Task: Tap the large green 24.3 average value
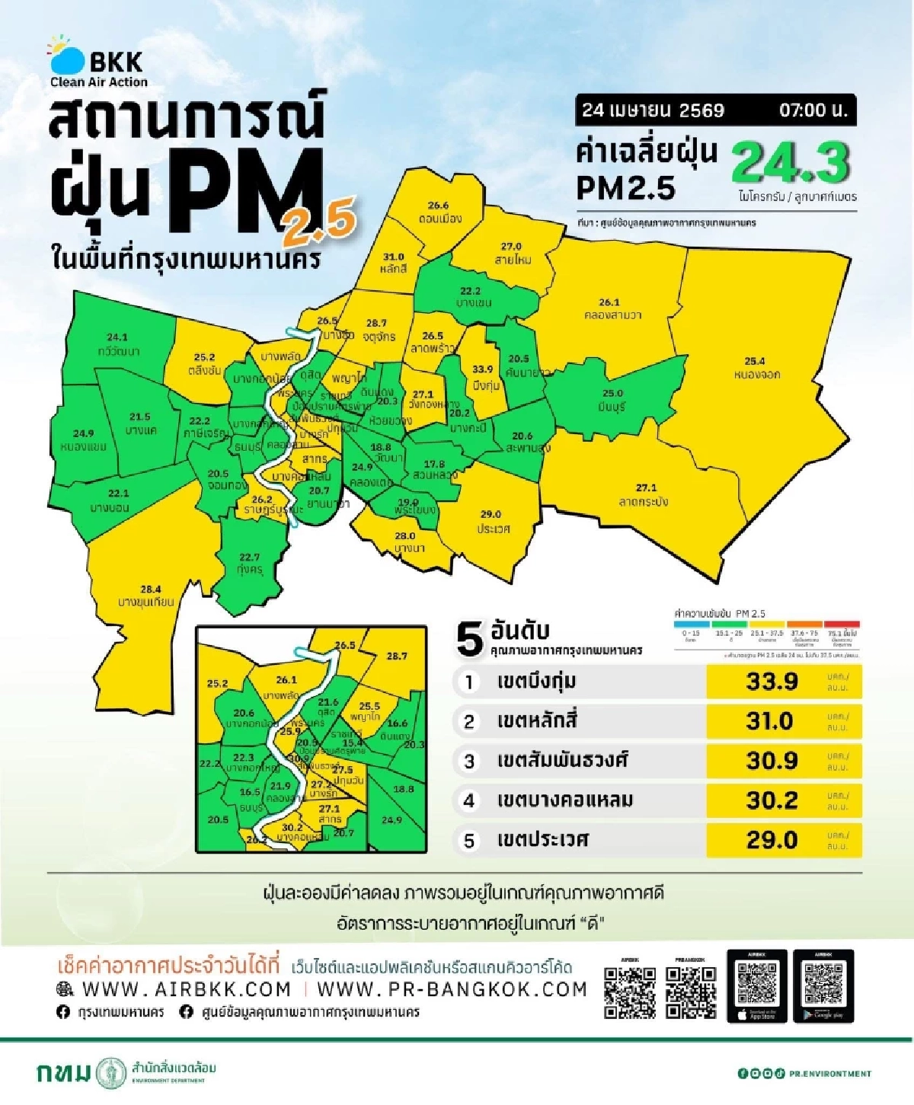(x=790, y=162)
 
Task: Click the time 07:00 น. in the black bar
(x=813, y=110)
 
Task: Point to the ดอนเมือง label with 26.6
(x=439, y=212)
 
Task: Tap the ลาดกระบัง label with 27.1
(x=644, y=495)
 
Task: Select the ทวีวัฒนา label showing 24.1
(x=118, y=344)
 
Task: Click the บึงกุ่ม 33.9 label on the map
(x=484, y=377)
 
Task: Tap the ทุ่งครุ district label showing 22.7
(x=250, y=564)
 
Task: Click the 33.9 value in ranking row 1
(x=772, y=682)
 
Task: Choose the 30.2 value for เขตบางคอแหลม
(x=772, y=800)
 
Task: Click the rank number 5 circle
(x=469, y=841)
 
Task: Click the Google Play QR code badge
(x=823, y=986)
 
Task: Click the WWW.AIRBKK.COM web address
(x=185, y=989)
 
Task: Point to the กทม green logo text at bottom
(x=64, y=1073)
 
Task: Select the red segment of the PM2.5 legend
(x=842, y=624)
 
